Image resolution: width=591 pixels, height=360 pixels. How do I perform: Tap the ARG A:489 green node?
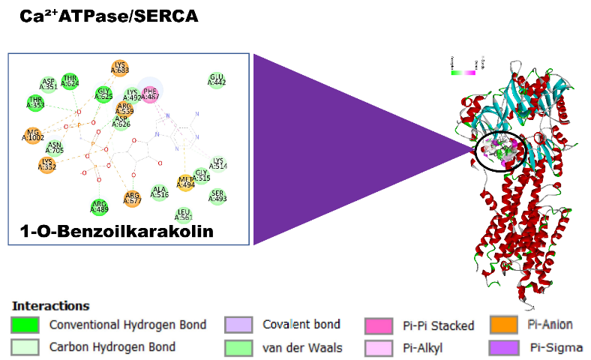(x=99, y=206)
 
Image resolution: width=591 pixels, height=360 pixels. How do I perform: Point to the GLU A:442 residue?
(x=217, y=80)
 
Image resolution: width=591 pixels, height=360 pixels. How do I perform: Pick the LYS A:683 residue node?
(x=119, y=68)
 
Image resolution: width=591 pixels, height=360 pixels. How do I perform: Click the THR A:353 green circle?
(x=35, y=103)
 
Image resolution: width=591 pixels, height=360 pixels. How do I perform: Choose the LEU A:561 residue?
(x=184, y=215)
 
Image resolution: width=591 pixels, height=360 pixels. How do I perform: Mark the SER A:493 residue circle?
(x=218, y=196)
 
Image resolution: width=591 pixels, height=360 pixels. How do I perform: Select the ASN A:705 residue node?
(x=55, y=148)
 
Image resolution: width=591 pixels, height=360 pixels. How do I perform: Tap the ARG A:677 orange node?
(x=133, y=199)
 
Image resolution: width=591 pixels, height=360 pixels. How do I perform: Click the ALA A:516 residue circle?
(x=159, y=193)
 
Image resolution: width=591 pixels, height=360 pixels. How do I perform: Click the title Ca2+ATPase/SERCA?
(x=109, y=16)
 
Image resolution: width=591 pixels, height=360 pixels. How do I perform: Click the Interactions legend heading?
(x=51, y=306)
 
